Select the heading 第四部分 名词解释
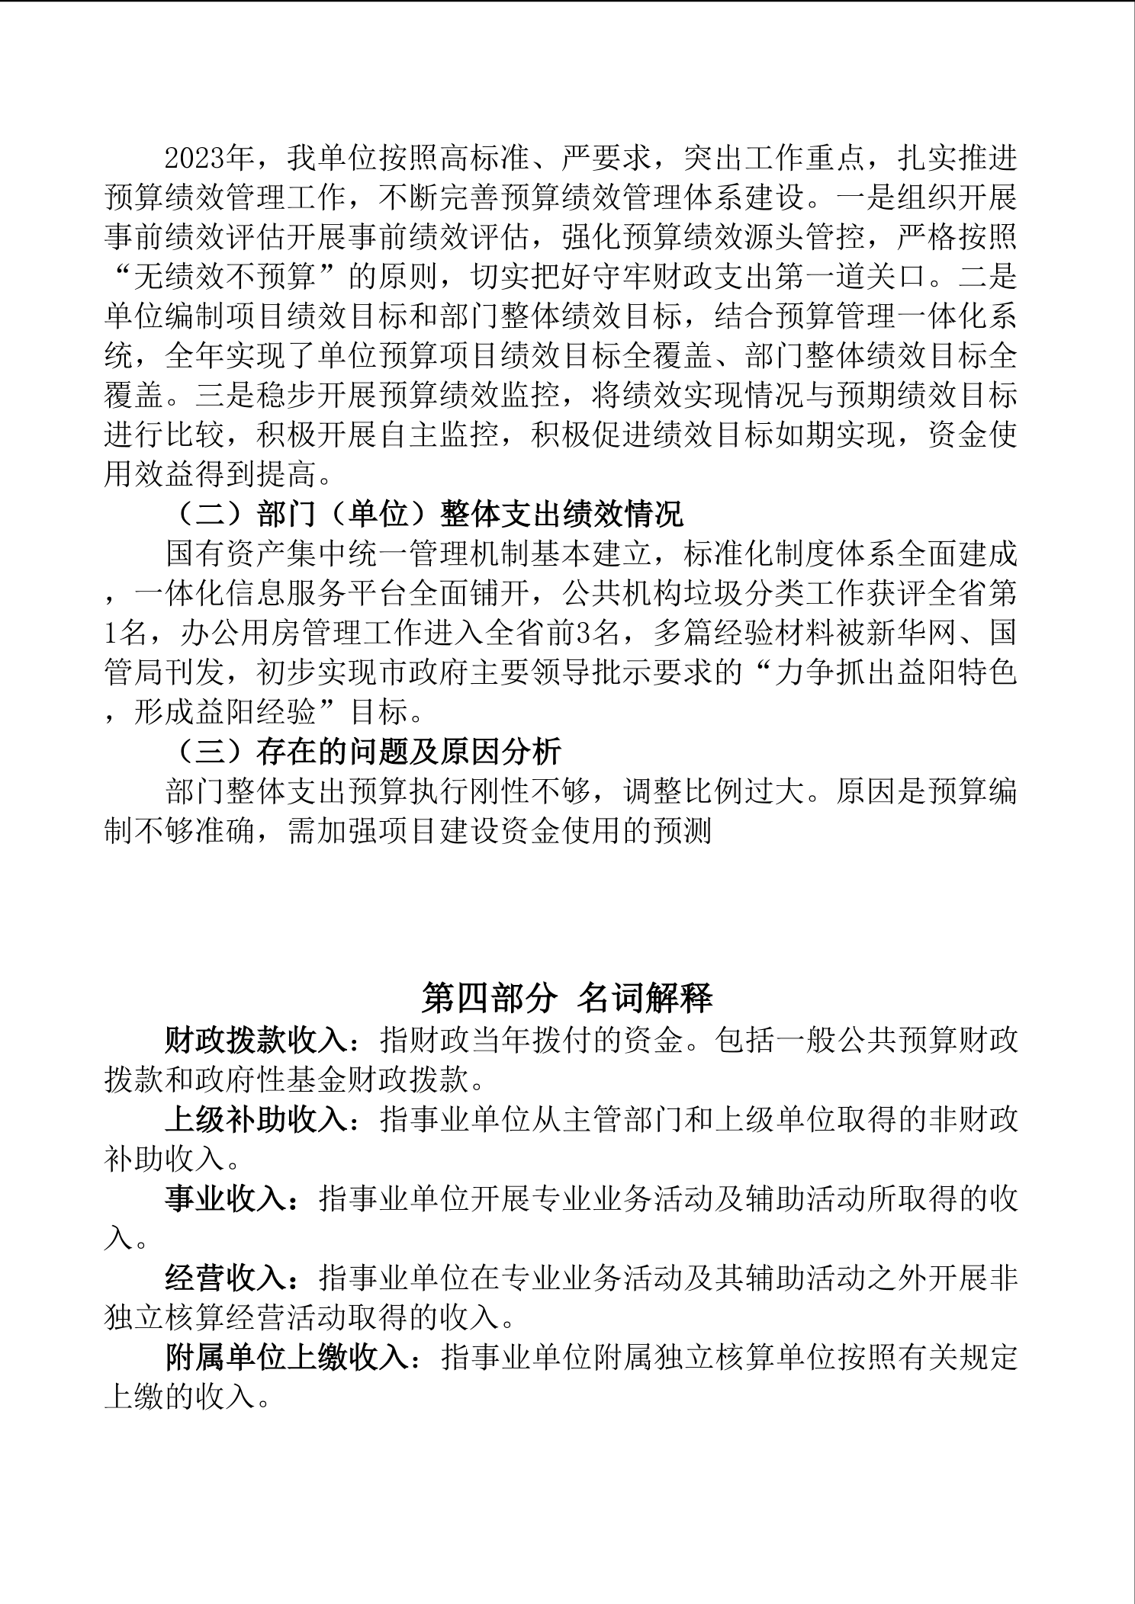pyautogui.click(x=567, y=997)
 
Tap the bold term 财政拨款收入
pyautogui.click(x=256, y=1038)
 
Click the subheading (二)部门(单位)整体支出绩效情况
pyautogui.click(x=425, y=515)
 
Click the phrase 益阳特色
pyautogui.click(x=957, y=673)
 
